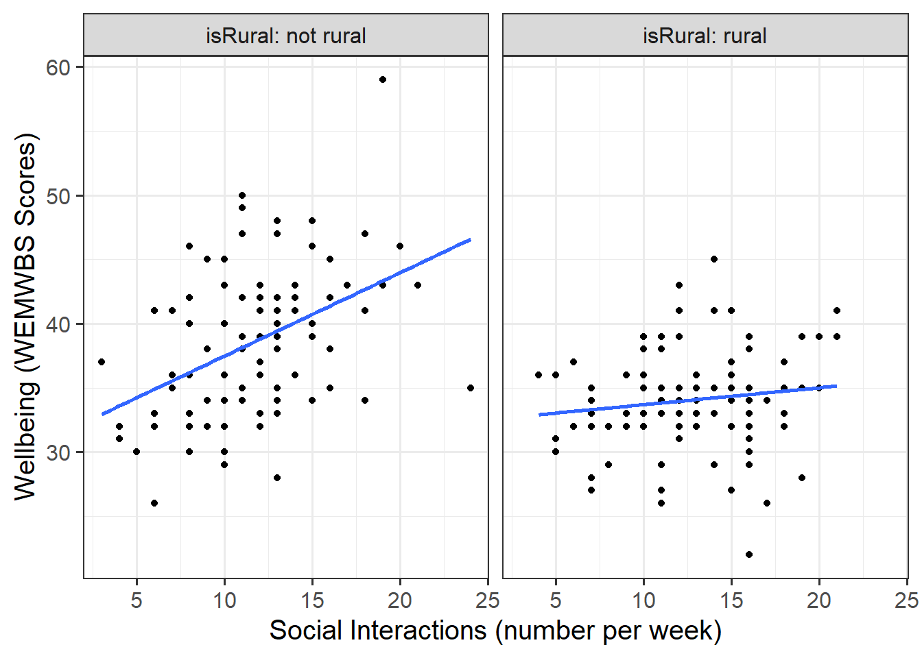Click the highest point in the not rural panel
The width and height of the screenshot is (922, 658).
(383, 80)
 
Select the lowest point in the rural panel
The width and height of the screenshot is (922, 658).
(749, 555)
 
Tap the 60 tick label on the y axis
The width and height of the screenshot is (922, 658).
(58, 67)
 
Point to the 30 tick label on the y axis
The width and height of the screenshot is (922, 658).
(58, 452)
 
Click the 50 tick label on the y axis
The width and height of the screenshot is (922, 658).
(58, 196)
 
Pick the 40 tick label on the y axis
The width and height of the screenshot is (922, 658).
(58, 324)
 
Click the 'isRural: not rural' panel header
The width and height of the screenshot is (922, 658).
(286, 36)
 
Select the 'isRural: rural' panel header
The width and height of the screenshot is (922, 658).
(705, 36)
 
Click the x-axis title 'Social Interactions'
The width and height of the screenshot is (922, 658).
(495, 631)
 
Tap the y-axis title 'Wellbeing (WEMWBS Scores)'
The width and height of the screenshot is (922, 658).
(25, 317)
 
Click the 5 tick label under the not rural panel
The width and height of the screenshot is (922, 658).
(137, 600)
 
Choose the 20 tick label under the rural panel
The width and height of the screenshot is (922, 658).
(819, 600)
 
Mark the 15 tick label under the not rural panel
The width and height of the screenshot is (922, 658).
(312, 600)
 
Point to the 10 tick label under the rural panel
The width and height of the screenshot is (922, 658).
(643, 600)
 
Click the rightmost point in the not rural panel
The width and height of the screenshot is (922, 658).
(471, 388)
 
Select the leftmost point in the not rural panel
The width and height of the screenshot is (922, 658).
(102, 362)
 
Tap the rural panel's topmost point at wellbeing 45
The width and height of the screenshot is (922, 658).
(714, 259)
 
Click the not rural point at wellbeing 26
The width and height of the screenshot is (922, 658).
(154, 503)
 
